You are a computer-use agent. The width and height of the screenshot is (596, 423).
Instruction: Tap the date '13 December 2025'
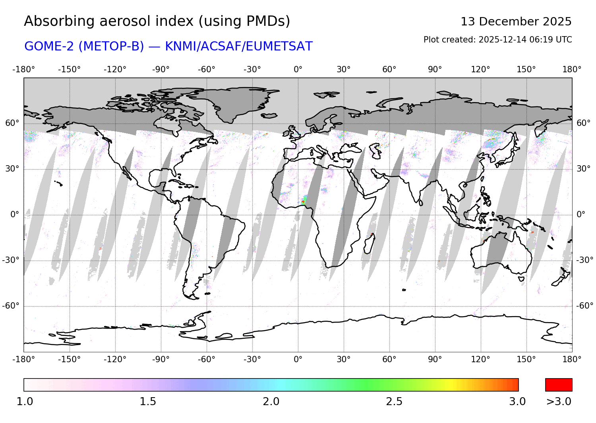click(x=516, y=21)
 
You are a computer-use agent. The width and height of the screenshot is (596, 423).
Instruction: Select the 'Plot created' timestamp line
click(x=497, y=40)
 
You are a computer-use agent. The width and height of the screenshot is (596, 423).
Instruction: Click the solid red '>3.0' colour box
click(x=559, y=385)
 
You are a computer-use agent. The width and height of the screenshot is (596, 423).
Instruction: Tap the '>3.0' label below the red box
click(x=559, y=402)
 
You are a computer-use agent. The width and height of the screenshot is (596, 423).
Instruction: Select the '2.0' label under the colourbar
click(x=271, y=402)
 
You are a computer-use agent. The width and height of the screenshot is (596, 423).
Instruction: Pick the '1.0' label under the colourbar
click(x=25, y=402)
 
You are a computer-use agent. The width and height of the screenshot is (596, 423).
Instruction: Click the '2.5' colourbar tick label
click(x=394, y=402)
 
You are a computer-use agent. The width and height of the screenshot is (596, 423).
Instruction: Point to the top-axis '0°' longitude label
click(x=298, y=70)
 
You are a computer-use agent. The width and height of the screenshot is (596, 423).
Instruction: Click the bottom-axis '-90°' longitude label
click(x=161, y=359)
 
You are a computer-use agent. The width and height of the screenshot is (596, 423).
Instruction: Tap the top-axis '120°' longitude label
click(x=480, y=70)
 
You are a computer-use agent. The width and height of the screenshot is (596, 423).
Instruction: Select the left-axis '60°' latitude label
click(x=12, y=123)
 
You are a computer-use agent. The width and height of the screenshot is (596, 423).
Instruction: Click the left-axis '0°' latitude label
click(x=15, y=214)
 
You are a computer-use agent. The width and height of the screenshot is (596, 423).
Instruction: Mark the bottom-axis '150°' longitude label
click(x=526, y=359)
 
